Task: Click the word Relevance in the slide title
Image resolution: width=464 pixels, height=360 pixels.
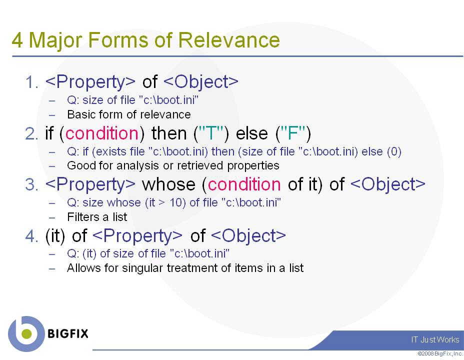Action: point(228,40)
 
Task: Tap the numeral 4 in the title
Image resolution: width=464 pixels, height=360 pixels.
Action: point(17,40)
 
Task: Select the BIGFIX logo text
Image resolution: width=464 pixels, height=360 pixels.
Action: point(68,333)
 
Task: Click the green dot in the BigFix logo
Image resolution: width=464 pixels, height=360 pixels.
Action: point(26,333)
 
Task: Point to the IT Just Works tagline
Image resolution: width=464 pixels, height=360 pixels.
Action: point(435,339)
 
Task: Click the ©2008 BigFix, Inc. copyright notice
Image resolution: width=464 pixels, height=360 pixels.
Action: point(440,353)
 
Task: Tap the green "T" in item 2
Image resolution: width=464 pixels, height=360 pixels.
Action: point(211,133)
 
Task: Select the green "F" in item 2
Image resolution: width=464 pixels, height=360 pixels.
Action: point(292,133)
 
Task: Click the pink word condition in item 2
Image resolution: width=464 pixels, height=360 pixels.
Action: point(102,133)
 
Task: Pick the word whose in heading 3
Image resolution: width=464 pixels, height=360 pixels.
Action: point(168,184)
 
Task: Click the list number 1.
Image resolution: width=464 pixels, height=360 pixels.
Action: point(32,82)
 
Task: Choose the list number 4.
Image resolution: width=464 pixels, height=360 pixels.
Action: point(32,236)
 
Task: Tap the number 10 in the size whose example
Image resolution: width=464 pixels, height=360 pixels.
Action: point(176,202)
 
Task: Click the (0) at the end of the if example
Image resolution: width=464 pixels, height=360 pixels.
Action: point(394,151)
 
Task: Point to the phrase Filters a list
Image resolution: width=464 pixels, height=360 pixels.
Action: point(97,217)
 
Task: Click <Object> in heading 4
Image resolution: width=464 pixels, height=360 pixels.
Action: point(248,236)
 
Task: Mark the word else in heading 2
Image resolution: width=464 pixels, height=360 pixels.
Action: point(252,133)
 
